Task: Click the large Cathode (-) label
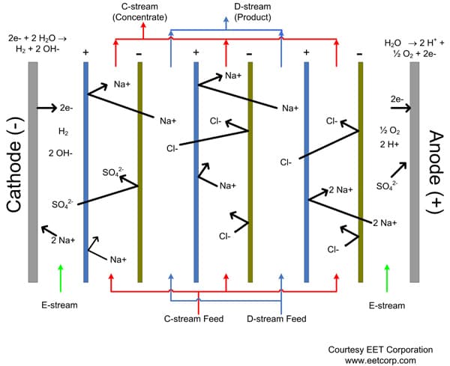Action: click(15, 171)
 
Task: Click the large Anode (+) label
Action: click(435, 171)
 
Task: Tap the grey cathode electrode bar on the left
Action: click(33, 171)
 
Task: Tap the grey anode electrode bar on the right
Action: click(415, 171)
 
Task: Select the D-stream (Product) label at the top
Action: click(226, 12)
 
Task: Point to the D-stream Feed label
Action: click(277, 319)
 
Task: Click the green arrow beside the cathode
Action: click(60, 276)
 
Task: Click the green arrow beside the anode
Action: click(386, 276)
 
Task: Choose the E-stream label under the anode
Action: click(386, 305)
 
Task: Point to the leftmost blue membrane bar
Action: click(86, 171)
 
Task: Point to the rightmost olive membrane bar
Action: click(361, 171)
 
